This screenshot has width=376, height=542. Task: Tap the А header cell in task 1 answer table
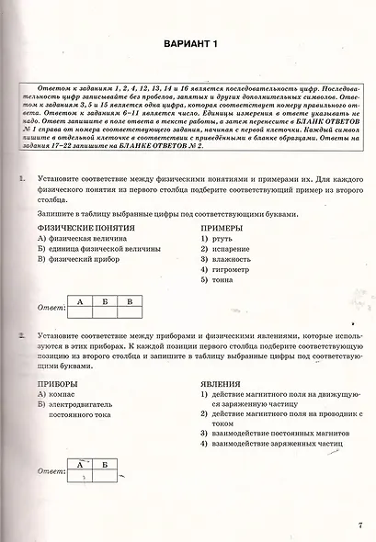pyautogui.click(x=80, y=301)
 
